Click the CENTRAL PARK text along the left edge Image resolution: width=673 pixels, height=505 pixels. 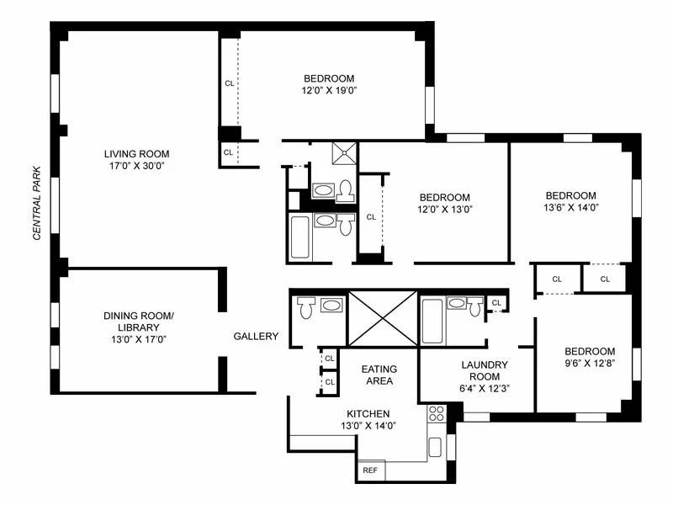click(37, 202)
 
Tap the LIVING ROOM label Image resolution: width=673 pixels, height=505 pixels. click(136, 154)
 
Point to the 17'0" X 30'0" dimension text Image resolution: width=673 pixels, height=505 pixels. click(136, 167)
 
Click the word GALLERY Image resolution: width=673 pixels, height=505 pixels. click(256, 337)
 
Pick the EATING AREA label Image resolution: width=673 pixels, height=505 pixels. click(379, 375)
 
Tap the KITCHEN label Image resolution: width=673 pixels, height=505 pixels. click(368, 413)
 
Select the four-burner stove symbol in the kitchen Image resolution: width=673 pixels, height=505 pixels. click(436, 413)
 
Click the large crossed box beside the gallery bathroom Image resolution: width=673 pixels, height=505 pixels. click(382, 319)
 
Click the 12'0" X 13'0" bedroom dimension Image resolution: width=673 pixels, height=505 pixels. click(445, 210)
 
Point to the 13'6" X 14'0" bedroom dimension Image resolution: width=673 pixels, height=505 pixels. click(570, 207)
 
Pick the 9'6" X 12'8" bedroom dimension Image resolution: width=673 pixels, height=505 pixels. click(589, 364)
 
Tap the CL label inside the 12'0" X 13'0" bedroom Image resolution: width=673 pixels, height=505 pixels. click(371, 216)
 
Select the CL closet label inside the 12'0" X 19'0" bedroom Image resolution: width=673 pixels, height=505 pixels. click(229, 83)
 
